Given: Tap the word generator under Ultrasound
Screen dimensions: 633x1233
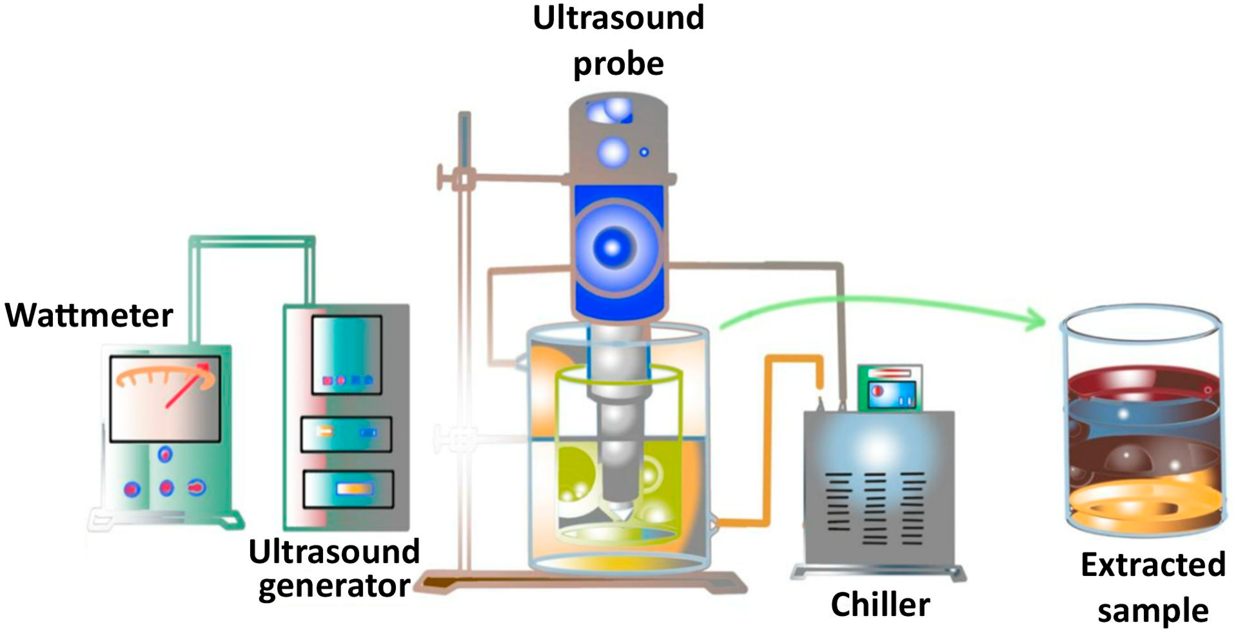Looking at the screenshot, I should point(334,586).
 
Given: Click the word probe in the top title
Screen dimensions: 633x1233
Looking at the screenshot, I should point(618,64).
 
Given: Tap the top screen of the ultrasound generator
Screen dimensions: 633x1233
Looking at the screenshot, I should point(346,354).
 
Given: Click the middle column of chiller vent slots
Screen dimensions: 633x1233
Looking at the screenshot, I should point(875,508).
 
